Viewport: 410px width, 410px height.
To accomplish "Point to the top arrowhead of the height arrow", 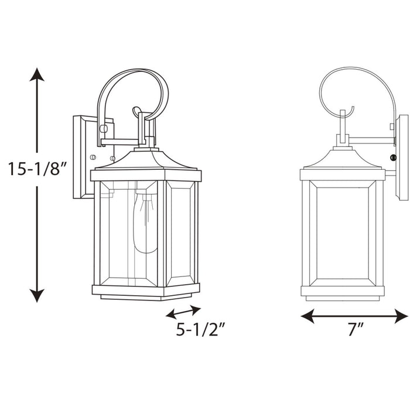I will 37,75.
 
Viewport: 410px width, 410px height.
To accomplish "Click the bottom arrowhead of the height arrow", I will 37,296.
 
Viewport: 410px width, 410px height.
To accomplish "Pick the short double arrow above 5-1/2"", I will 183,311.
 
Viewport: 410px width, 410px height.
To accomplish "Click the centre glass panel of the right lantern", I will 343,233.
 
